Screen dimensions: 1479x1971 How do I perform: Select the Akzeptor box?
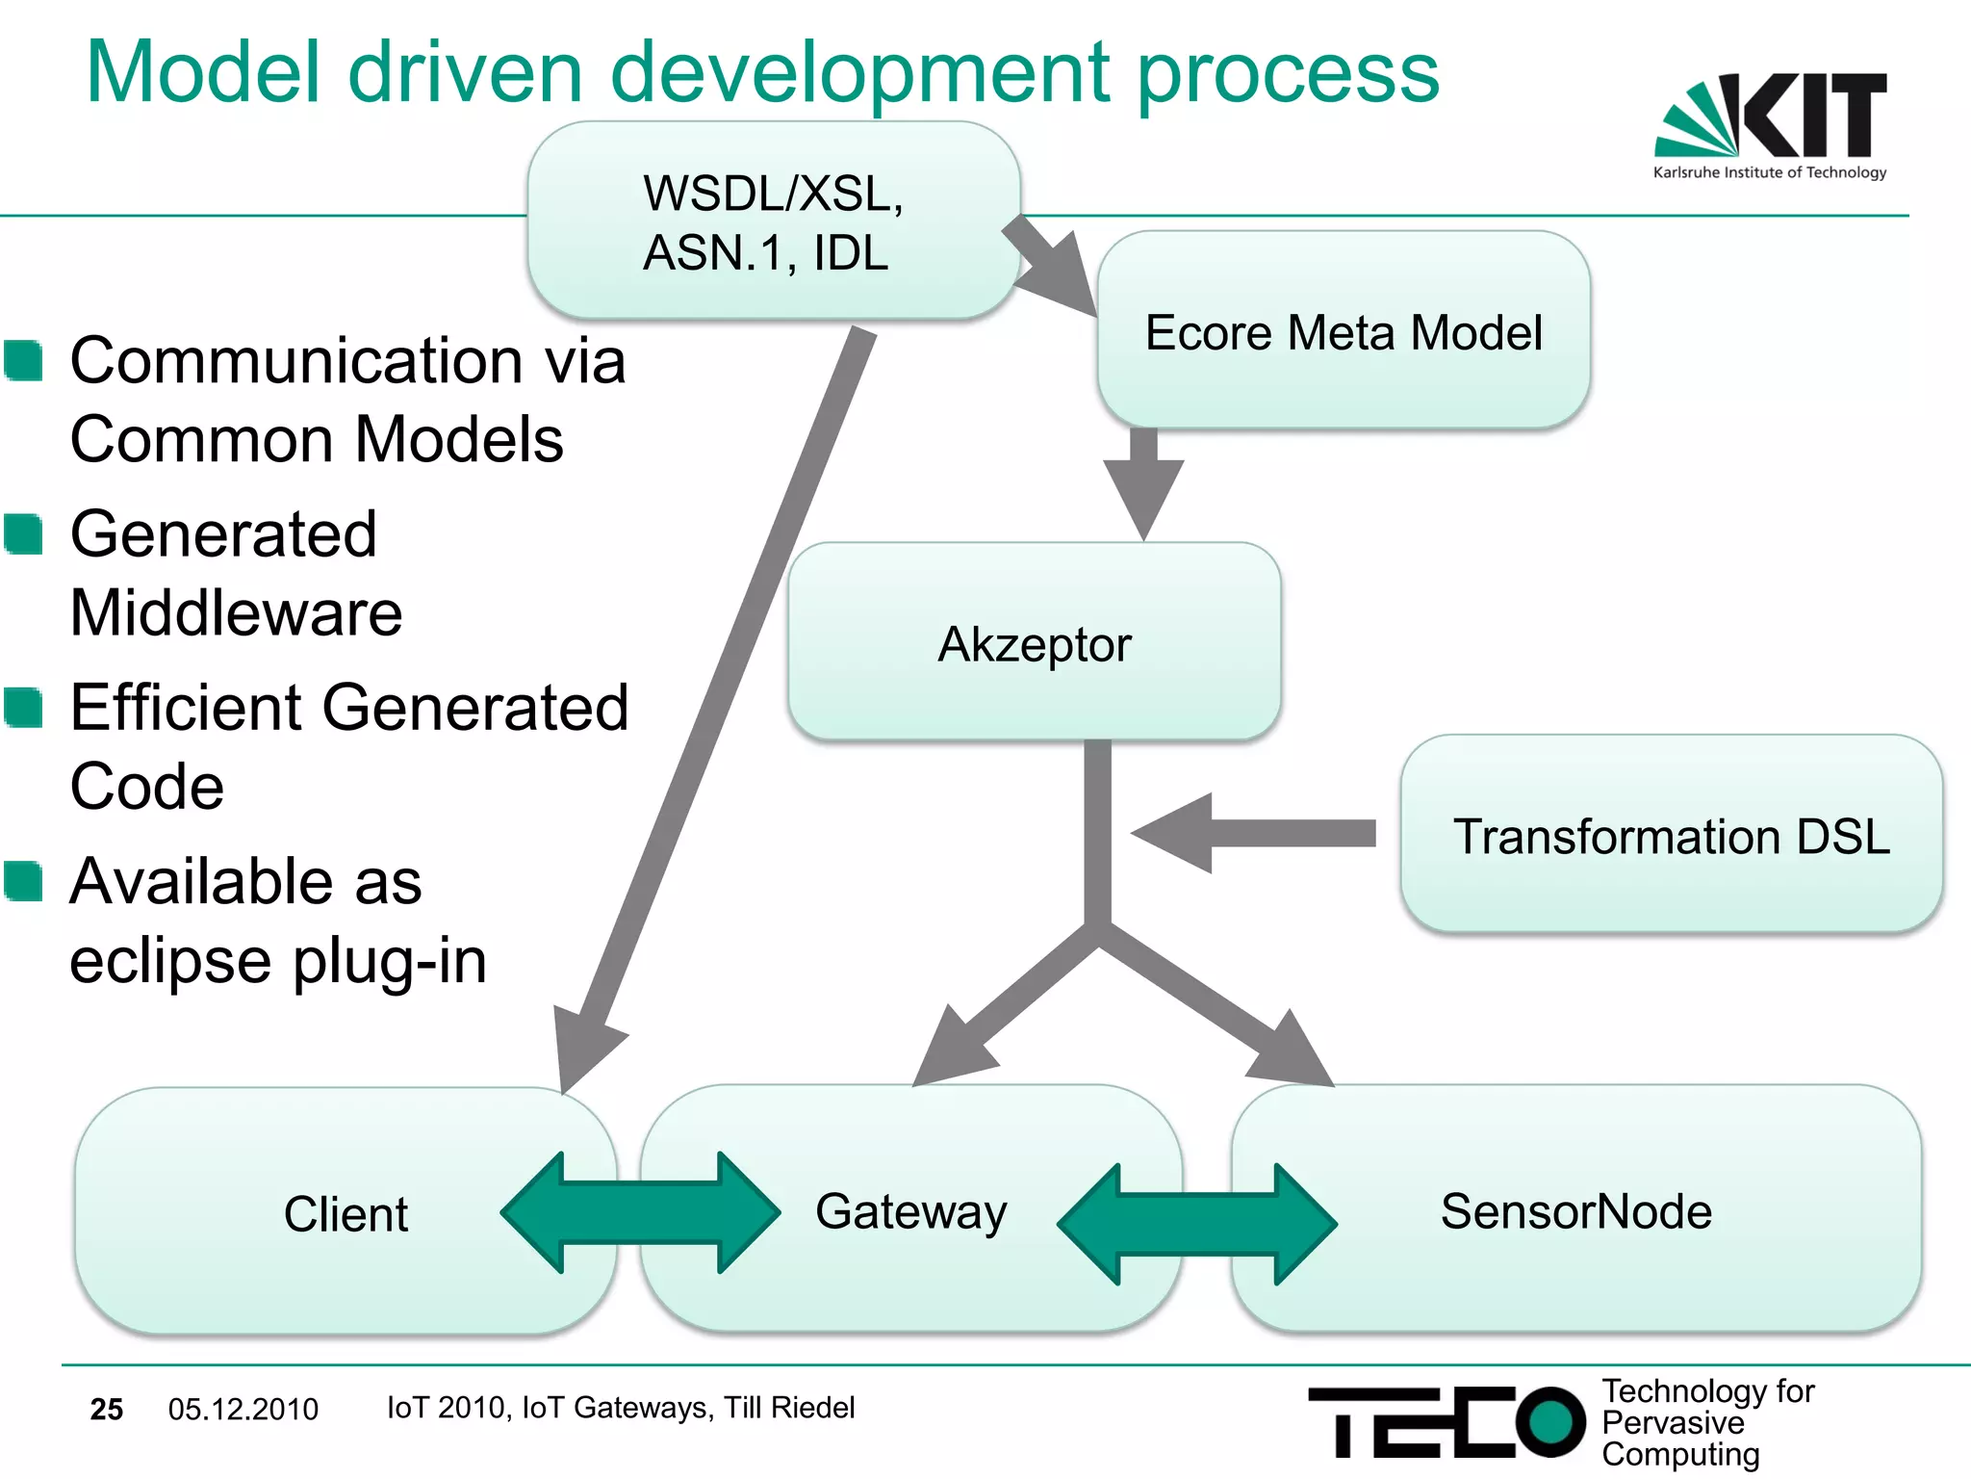[x=1034, y=642]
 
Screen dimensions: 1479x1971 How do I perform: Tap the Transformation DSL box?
[x=1671, y=835]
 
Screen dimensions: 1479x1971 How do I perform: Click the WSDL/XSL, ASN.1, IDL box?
[x=773, y=221]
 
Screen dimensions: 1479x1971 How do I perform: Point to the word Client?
[x=346, y=1213]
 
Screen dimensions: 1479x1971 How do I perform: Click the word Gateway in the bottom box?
[x=910, y=1211]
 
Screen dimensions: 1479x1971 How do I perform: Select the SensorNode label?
[x=1575, y=1211]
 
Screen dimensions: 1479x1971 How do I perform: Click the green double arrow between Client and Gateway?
[x=640, y=1213]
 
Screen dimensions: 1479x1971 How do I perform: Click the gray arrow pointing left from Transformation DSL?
[x=1251, y=833]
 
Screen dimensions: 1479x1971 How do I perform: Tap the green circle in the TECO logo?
[x=1549, y=1421]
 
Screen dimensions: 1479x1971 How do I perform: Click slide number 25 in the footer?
[x=107, y=1410]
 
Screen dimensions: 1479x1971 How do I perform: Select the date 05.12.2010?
[x=243, y=1410]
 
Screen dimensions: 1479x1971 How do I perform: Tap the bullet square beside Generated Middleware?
[x=23, y=534]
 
